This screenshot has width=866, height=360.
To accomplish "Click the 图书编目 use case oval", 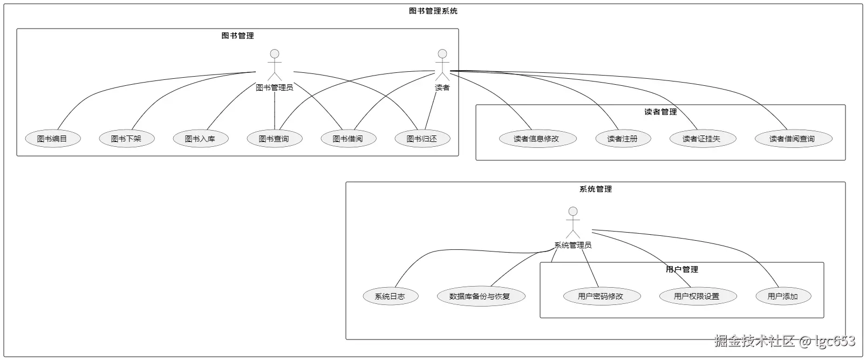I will pos(52,139).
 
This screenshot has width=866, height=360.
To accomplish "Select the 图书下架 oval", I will pos(126,139).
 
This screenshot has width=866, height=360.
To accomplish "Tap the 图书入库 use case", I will pos(200,139).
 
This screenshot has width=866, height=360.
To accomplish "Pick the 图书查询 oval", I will pos(274,139).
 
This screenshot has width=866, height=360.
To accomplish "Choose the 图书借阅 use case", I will pos(348,139).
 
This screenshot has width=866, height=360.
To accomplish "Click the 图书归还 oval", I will pos(422,139).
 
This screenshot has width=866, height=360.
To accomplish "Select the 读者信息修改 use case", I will pos(536,139).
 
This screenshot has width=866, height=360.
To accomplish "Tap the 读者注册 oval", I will pos(623,139).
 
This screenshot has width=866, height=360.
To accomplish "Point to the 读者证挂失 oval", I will pos(701,139).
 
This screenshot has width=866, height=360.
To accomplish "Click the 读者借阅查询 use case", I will pos(792,139).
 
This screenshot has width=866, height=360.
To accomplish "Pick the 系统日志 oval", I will pos(390,296).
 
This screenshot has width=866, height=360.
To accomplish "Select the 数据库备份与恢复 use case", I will pos(480,296).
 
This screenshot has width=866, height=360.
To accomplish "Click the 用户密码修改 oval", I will pos(601,296).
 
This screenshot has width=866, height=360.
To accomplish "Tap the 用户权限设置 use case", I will pos(697,296).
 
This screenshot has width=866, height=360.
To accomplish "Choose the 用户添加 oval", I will pos(782,296).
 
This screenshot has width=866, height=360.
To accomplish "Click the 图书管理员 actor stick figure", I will pos(275,65).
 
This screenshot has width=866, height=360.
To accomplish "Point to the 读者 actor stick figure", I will pos(442,65).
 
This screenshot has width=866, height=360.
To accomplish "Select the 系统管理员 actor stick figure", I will pos(573,223).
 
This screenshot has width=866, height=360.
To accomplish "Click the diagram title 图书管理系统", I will pos(433,11).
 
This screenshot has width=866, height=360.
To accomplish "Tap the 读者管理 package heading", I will pos(660,112).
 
